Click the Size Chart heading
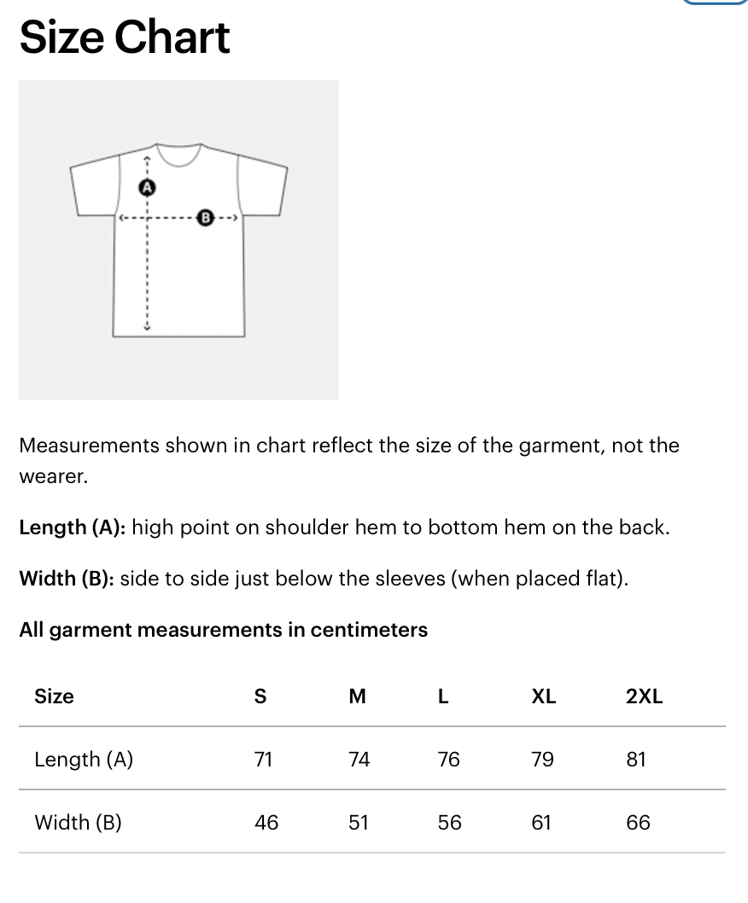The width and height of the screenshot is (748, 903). pyautogui.click(x=125, y=38)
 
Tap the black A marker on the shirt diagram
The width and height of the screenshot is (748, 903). pyautogui.click(x=147, y=186)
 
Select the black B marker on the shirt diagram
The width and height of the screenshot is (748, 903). pyautogui.click(x=205, y=218)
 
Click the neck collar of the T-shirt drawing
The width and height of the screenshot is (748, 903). pyautogui.click(x=178, y=154)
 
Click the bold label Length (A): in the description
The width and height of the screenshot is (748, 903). pyautogui.click(x=73, y=527)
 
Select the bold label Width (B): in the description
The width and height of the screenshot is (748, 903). pyautogui.click(x=67, y=579)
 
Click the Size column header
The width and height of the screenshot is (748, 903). pyautogui.click(x=54, y=696)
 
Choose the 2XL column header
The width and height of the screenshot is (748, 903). pyautogui.click(x=644, y=696)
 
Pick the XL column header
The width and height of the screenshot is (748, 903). pyautogui.click(x=543, y=696)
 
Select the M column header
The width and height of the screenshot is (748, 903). pyautogui.click(x=358, y=696)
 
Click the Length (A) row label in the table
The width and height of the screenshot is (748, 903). pyautogui.click(x=84, y=760)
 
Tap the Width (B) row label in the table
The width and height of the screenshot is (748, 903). pyautogui.click(x=78, y=823)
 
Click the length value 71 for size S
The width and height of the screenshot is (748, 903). pyautogui.click(x=264, y=760)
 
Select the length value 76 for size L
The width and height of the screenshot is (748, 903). pyautogui.click(x=448, y=760)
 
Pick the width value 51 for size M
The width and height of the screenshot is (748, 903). pyautogui.click(x=359, y=823)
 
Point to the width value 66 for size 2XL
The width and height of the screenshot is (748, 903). pyautogui.click(x=638, y=823)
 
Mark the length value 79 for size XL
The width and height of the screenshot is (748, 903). pyautogui.click(x=542, y=760)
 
